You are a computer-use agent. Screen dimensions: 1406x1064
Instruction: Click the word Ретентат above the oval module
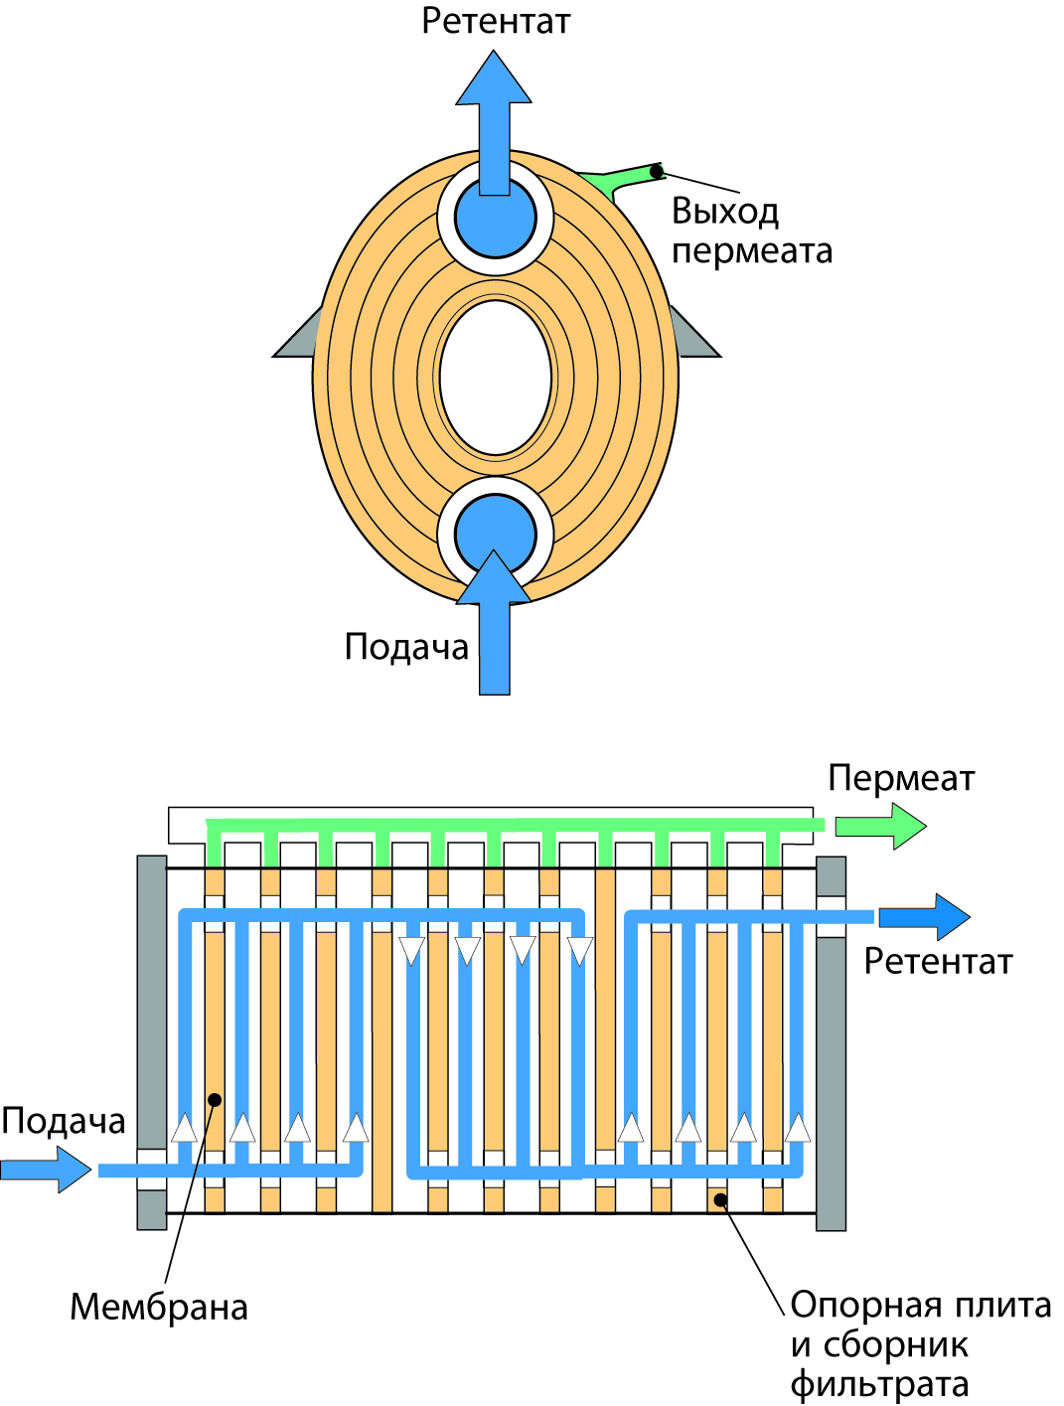click(x=496, y=21)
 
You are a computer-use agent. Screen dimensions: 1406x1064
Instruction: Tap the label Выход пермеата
click(x=751, y=231)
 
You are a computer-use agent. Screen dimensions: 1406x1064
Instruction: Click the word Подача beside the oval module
click(x=406, y=647)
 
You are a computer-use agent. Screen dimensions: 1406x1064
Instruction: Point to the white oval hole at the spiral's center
click(x=495, y=378)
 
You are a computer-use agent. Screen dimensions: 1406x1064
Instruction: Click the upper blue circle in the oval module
click(x=495, y=219)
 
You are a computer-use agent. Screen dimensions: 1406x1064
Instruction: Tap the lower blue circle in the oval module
click(x=495, y=534)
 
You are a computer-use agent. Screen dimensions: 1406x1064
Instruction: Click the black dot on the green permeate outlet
click(x=657, y=172)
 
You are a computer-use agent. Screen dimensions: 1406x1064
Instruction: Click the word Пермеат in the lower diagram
click(x=901, y=778)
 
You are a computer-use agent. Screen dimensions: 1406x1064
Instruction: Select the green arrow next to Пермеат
click(x=880, y=826)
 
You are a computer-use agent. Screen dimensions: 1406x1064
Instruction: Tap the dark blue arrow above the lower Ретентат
click(x=925, y=917)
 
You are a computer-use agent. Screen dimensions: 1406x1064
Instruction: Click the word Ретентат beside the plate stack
click(x=938, y=962)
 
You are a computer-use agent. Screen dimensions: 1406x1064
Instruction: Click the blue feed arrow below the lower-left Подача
click(x=46, y=1169)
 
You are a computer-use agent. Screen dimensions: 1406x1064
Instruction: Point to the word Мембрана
click(x=159, y=1308)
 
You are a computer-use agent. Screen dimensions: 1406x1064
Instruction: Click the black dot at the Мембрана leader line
click(x=215, y=1100)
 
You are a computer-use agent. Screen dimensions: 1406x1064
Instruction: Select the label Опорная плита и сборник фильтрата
click(x=920, y=1344)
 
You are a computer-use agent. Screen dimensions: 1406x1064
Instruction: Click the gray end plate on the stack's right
click(x=831, y=1043)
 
